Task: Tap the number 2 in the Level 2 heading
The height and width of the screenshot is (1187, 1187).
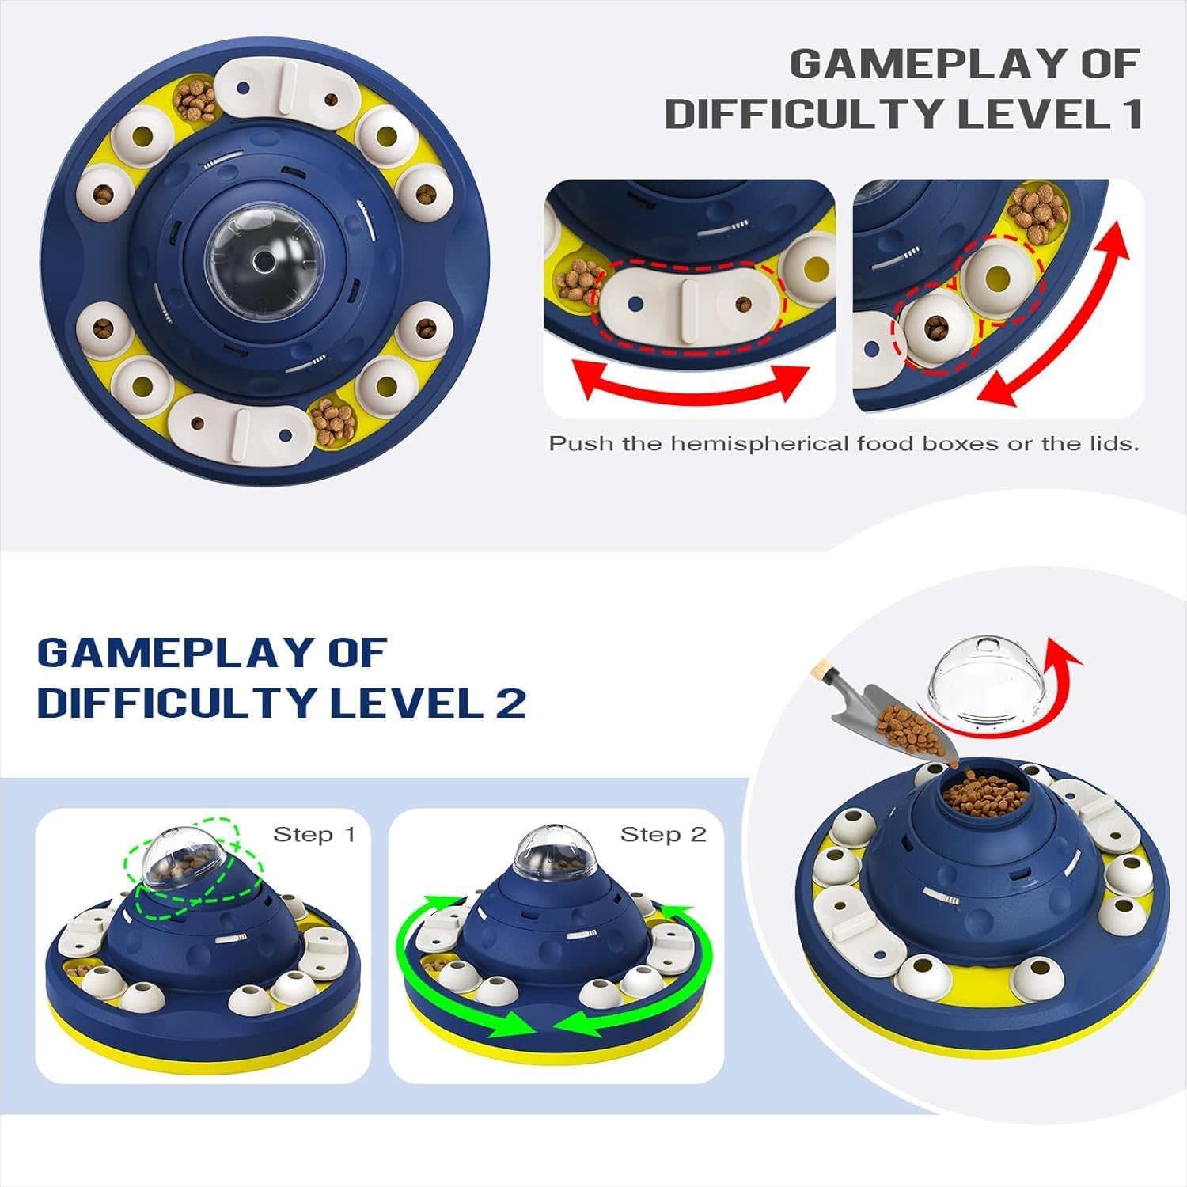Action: coord(511,702)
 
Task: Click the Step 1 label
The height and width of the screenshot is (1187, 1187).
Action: coord(314,834)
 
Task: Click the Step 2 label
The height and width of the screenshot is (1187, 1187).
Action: coord(662,834)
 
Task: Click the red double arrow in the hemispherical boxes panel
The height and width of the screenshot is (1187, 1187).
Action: coord(1054,312)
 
